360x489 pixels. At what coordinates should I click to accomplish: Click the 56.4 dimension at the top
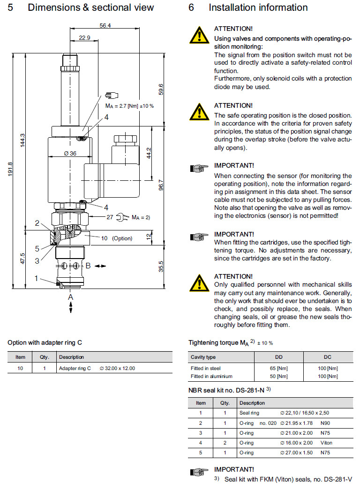(105, 26)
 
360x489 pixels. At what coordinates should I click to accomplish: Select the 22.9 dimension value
(84, 38)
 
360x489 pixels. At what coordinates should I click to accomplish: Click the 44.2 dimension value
(149, 153)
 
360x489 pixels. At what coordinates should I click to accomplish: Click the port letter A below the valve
(70, 296)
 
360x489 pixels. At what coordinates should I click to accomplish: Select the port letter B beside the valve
(88, 266)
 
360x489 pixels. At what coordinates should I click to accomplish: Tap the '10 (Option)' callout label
(117, 238)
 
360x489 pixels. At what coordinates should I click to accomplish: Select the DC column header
(327, 357)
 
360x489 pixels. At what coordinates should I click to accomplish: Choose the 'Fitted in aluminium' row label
(211, 376)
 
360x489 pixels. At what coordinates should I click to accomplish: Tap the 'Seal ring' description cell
(248, 413)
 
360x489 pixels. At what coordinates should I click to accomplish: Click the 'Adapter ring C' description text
(75, 368)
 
